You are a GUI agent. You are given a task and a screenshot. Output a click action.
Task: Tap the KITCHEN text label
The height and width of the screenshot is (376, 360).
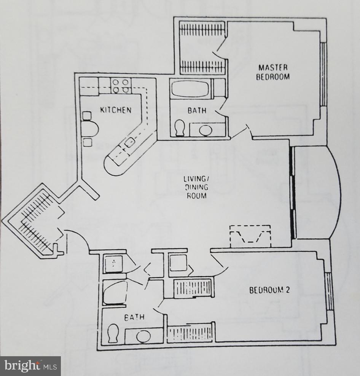tap(116, 110)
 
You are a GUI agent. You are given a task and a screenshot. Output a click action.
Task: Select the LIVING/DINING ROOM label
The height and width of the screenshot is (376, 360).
tap(195, 187)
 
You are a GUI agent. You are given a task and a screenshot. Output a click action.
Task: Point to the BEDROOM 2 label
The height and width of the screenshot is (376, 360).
tap(269, 290)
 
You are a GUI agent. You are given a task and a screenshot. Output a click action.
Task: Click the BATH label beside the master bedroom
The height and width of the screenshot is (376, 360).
tap(197, 111)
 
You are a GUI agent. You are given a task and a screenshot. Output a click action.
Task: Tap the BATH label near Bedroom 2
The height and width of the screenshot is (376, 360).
tap(134, 317)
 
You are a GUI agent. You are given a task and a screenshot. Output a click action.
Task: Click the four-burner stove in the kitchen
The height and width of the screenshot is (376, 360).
tap(121, 85)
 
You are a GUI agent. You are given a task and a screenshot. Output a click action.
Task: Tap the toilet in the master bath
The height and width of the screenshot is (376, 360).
tap(180, 128)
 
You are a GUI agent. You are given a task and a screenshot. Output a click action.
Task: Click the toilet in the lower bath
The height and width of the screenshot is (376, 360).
tap(113, 333)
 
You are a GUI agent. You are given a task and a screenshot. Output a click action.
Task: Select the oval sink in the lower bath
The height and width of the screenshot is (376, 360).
tap(143, 336)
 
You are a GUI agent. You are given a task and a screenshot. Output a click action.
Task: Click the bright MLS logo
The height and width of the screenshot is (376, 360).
tap(30, 366)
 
